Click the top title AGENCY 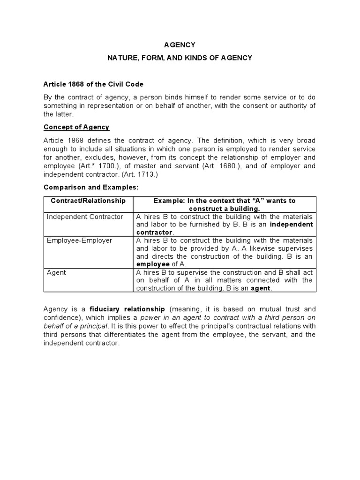[x=180, y=45]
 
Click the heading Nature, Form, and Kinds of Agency [x=180, y=58]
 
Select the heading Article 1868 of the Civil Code [x=93, y=84]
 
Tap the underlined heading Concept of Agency [x=76, y=127]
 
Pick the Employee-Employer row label [x=80, y=240]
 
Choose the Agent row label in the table [x=55, y=272]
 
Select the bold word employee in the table [x=153, y=264]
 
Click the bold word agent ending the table [x=261, y=288]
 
